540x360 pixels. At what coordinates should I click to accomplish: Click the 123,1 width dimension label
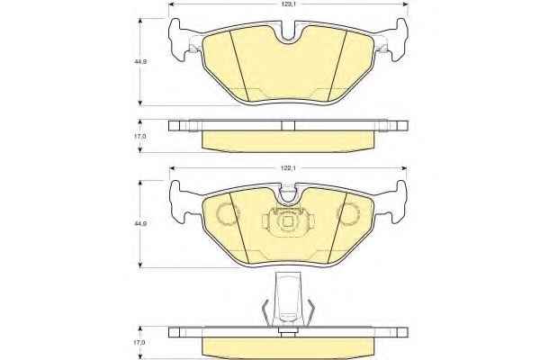point(288,4)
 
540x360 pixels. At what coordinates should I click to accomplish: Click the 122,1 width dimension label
point(288,168)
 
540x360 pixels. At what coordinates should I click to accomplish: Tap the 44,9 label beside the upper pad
point(140,62)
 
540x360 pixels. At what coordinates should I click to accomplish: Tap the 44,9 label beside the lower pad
point(140,223)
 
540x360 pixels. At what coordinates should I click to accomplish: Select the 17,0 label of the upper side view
point(140,137)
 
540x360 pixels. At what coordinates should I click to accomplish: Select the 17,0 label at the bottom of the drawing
point(140,343)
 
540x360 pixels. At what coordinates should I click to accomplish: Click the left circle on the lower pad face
point(226,213)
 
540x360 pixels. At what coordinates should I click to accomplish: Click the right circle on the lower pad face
point(348,213)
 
